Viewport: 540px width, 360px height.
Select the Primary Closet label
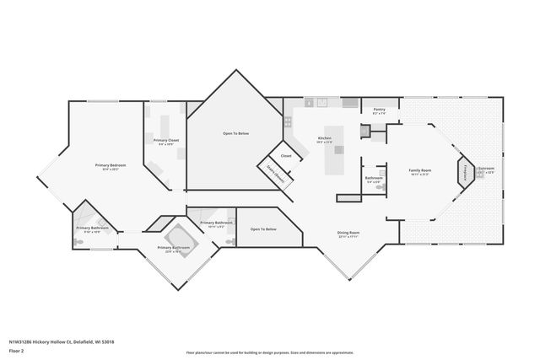pyautogui.click(x=166, y=141)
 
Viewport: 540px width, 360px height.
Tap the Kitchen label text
pyautogui.click(x=324, y=139)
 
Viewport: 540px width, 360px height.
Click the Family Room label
pyautogui.click(x=419, y=171)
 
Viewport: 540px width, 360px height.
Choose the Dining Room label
pyautogui.click(x=348, y=233)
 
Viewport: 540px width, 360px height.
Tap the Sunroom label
pyautogui.click(x=486, y=169)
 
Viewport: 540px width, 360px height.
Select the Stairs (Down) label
pyautogui.click(x=275, y=175)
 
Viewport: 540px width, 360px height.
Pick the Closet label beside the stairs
pyautogui.click(x=286, y=156)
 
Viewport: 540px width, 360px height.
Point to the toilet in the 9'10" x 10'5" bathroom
pyautogui.click(x=78, y=242)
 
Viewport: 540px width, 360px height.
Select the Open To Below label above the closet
pyautogui.click(x=235, y=134)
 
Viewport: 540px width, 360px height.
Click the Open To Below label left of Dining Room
pyautogui.click(x=263, y=228)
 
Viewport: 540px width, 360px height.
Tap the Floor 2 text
pyautogui.click(x=17, y=350)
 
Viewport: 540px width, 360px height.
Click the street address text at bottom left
pyautogui.click(x=62, y=341)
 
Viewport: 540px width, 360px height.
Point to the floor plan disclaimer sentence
pyautogui.click(x=269, y=352)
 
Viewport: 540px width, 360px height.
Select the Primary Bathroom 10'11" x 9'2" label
pyautogui.click(x=212, y=223)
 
